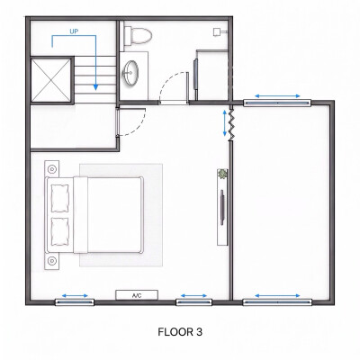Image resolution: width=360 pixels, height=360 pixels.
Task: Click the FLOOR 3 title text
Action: [180, 332]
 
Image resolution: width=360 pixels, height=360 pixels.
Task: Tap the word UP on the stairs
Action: [74, 31]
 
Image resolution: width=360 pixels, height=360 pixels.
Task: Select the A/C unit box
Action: [137, 295]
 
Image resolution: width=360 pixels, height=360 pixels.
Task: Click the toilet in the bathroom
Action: [138, 35]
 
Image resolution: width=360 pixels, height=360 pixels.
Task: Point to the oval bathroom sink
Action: [130, 73]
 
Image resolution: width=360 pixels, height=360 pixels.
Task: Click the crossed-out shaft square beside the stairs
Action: [51, 80]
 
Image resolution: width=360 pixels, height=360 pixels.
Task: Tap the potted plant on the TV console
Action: [222, 174]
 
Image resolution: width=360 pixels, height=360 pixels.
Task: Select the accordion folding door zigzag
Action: [231, 125]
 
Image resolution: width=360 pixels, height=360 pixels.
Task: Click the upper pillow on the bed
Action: [60, 198]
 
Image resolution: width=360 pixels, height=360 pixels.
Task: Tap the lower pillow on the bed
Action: [60, 231]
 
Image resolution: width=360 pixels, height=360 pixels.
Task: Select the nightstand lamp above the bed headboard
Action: [52, 169]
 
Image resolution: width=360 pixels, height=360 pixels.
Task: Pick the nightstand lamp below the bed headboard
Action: [52, 261]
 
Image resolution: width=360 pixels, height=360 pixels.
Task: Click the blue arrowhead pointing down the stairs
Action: [95, 86]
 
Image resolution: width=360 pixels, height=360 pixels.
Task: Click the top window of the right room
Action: [277, 103]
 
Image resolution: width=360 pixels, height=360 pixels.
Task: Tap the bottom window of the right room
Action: [277, 302]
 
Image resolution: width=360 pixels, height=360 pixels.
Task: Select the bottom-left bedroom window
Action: [75, 302]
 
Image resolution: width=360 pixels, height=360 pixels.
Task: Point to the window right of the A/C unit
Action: [193, 302]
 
